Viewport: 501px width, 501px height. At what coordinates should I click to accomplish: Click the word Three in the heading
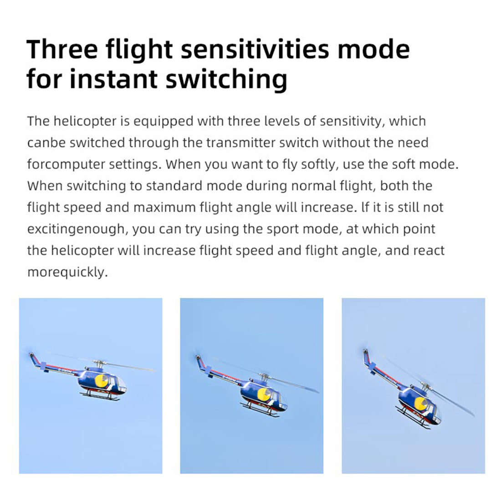(x=62, y=50)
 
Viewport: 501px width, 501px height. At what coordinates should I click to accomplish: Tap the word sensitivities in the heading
(x=255, y=50)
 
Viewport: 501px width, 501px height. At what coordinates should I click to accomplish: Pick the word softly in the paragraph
(x=320, y=165)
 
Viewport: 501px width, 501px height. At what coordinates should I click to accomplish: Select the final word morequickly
(x=67, y=273)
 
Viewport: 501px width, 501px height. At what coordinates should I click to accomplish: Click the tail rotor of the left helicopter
(x=31, y=355)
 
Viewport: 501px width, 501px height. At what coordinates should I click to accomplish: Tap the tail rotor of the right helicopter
(x=364, y=352)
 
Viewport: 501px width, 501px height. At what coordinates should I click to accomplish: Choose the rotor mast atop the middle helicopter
(x=264, y=377)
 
